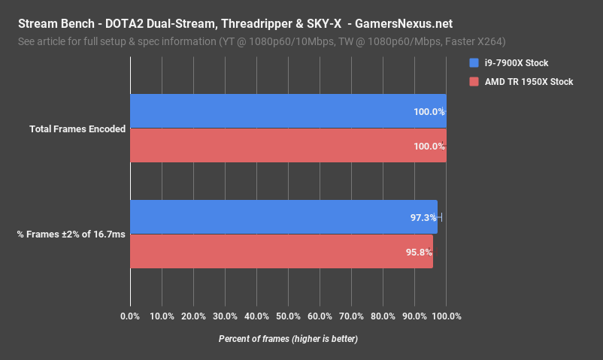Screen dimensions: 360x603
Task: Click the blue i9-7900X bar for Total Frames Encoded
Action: coord(288,111)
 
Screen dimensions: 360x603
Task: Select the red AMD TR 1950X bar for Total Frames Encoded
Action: coord(288,146)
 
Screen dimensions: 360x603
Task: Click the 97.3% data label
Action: coord(423,217)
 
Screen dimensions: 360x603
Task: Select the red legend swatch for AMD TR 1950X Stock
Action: coord(473,81)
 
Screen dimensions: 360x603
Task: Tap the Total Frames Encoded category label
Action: coord(77,129)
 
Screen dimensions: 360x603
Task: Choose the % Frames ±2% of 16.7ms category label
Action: coord(71,234)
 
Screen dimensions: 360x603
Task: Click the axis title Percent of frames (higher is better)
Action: coord(288,339)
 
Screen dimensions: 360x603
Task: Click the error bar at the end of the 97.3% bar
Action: coord(441,217)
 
